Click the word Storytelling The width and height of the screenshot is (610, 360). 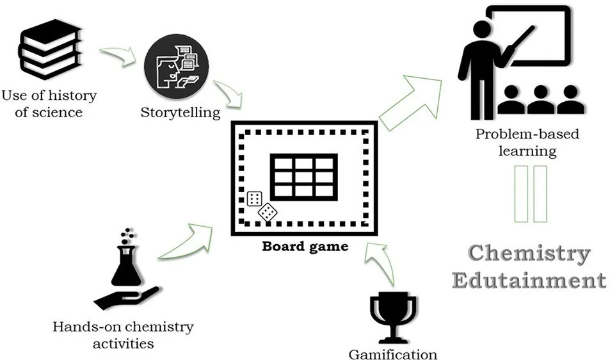pos(181,113)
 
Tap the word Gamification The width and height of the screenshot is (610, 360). pos(393,354)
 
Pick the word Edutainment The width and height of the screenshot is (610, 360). pos(529,280)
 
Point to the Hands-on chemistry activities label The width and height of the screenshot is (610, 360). pos(123,335)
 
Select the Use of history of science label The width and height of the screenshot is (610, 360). pos(49,104)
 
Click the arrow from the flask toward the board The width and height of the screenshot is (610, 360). pos(186,240)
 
